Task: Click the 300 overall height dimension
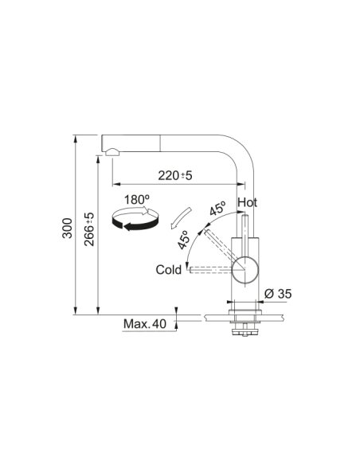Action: [x=68, y=228]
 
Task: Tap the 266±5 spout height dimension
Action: [x=89, y=229]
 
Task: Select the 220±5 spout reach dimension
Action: [x=175, y=175]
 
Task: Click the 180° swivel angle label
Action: [x=136, y=200]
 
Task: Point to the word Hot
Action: [x=248, y=202]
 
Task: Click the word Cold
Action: [x=168, y=270]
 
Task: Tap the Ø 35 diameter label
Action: [x=278, y=294]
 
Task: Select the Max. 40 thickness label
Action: [x=145, y=323]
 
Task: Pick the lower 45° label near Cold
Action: [x=183, y=240]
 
